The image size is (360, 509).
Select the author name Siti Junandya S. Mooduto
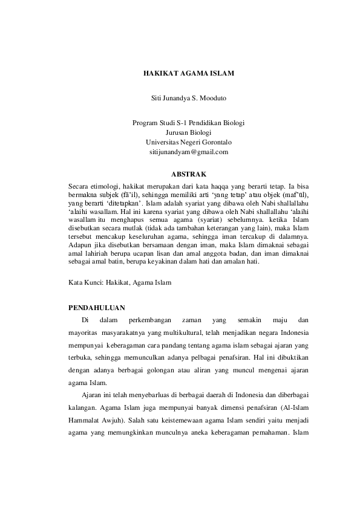tap(188, 97)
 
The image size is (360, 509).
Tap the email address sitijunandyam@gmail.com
tap(188, 152)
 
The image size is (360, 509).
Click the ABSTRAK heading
tap(188, 174)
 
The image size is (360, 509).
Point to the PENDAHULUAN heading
tap(97, 307)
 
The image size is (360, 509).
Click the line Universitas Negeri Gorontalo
tap(188, 142)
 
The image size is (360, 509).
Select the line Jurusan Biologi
tap(188, 132)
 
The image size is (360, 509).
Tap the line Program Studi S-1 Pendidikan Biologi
tap(188, 123)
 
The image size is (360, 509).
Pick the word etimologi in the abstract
tap(107, 187)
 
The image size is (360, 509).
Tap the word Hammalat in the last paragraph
tap(86, 421)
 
